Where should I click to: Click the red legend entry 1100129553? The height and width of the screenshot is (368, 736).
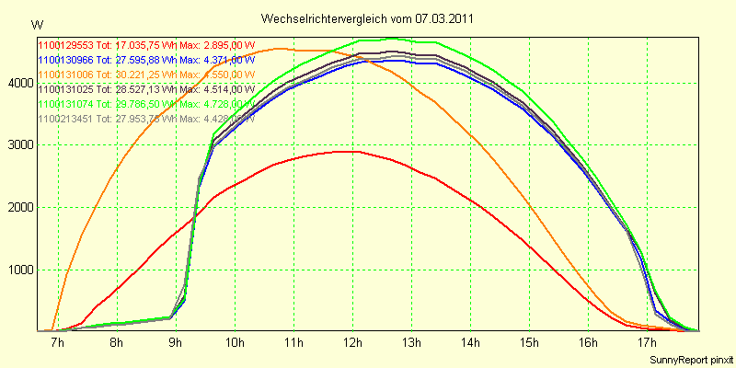pos(65,43)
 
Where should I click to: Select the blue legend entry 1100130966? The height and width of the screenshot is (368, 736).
pos(65,59)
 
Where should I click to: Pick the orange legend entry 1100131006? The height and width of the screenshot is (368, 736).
pos(65,74)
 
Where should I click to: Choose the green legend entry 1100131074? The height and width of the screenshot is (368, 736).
pos(65,104)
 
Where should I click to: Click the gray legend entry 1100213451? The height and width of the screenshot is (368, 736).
pos(65,119)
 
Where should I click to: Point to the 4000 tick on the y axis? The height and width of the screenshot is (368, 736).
pos(19,84)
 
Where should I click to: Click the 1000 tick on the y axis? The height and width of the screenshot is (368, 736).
pos(19,270)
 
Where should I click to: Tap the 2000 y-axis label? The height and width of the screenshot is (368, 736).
pos(19,208)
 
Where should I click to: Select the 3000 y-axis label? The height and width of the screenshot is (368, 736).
pos(19,145)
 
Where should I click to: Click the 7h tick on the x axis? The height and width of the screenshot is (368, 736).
pos(58,343)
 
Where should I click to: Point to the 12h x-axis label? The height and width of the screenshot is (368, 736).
pos(352,343)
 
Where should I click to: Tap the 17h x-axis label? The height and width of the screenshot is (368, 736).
pos(647,343)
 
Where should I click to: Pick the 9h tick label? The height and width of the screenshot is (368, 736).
pos(176,343)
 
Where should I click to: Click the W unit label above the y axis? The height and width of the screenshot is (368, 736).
pos(36,24)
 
